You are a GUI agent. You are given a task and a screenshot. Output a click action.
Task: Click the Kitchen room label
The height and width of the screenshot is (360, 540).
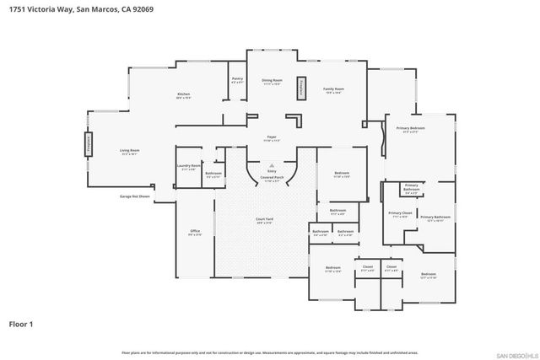point(182,94)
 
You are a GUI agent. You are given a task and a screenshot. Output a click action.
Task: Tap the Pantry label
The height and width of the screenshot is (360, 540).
point(236,80)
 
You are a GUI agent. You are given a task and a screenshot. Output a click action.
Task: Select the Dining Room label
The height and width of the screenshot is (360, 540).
point(271,81)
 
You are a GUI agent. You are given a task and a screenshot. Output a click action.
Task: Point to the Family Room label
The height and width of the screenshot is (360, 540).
point(334,89)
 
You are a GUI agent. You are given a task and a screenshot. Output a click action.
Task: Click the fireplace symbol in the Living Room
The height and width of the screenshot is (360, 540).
point(87,144)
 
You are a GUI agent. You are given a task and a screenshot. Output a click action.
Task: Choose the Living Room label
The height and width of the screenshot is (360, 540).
point(129,152)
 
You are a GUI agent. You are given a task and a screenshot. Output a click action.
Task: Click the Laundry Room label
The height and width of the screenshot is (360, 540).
point(190,168)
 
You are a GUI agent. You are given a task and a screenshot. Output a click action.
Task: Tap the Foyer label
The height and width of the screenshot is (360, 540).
point(272,137)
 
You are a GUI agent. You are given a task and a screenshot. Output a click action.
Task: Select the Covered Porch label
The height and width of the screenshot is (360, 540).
point(272,180)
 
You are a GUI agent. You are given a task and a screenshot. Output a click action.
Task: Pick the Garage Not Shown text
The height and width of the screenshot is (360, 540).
point(133,196)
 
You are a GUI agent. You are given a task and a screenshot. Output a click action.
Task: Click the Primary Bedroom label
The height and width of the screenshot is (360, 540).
point(410,129)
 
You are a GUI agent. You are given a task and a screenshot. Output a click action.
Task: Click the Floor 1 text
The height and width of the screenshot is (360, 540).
point(22,323)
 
